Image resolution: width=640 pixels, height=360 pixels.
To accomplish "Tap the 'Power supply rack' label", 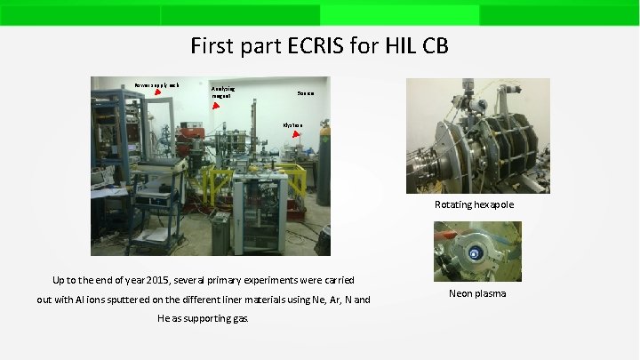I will pyautogui.click(x=156, y=84).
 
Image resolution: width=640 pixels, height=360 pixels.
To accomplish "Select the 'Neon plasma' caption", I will pyautogui.click(x=477, y=293).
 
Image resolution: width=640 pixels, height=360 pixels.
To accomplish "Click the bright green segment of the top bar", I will pyautogui.click(x=399, y=14).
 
